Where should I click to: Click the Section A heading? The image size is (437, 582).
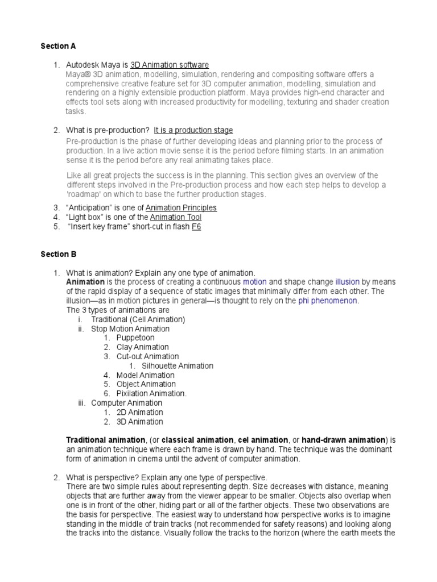click(58, 45)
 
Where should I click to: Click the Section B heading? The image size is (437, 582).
click(58, 254)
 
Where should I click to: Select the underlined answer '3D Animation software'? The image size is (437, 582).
click(170, 65)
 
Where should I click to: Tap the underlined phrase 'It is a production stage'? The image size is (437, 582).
click(193, 130)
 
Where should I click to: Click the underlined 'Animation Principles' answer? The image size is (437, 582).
click(181, 207)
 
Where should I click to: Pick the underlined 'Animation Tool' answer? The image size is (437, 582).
click(175, 217)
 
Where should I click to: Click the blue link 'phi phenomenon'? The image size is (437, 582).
click(327, 301)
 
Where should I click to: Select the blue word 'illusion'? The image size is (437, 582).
click(347, 281)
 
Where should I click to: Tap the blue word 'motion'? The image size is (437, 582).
click(254, 281)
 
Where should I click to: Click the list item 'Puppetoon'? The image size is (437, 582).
click(135, 338)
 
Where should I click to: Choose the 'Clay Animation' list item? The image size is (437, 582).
click(142, 347)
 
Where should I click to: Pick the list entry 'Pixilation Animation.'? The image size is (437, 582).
click(151, 393)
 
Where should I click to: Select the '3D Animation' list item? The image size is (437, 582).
click(139, 421)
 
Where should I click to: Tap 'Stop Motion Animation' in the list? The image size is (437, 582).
click(130, 329)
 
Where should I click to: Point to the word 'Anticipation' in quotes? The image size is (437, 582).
click(91, 207)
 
